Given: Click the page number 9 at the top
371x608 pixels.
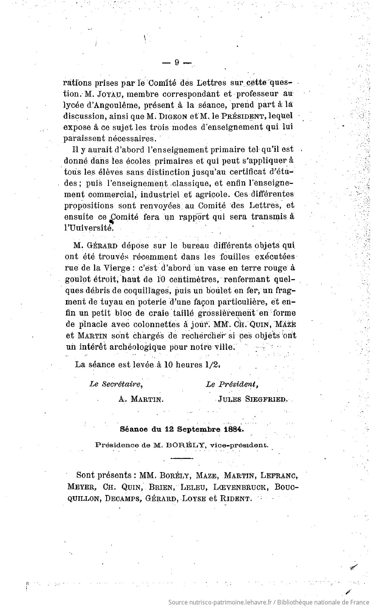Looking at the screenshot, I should click(x=177, y=63).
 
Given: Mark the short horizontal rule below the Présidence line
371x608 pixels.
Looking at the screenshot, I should click(x=182, y=459).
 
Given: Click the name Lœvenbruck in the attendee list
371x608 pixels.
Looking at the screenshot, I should click(x=234, y=487).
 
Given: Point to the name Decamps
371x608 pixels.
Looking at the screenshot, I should click(x=122, y=499).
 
